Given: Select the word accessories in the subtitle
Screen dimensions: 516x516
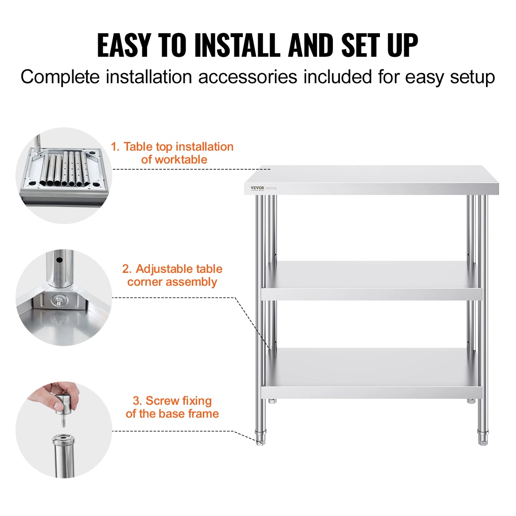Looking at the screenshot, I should pos(247,77).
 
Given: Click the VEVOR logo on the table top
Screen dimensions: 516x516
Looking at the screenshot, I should pos(257,188).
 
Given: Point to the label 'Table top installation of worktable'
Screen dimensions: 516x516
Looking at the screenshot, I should pos(172,153).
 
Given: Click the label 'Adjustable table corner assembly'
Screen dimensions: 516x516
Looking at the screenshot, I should pos(172,275).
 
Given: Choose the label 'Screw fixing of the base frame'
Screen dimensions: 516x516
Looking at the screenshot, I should pos(172,407).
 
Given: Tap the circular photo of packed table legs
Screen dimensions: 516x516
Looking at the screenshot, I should pos(64,176).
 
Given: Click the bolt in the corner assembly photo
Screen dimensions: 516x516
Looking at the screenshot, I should pos(57,301).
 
